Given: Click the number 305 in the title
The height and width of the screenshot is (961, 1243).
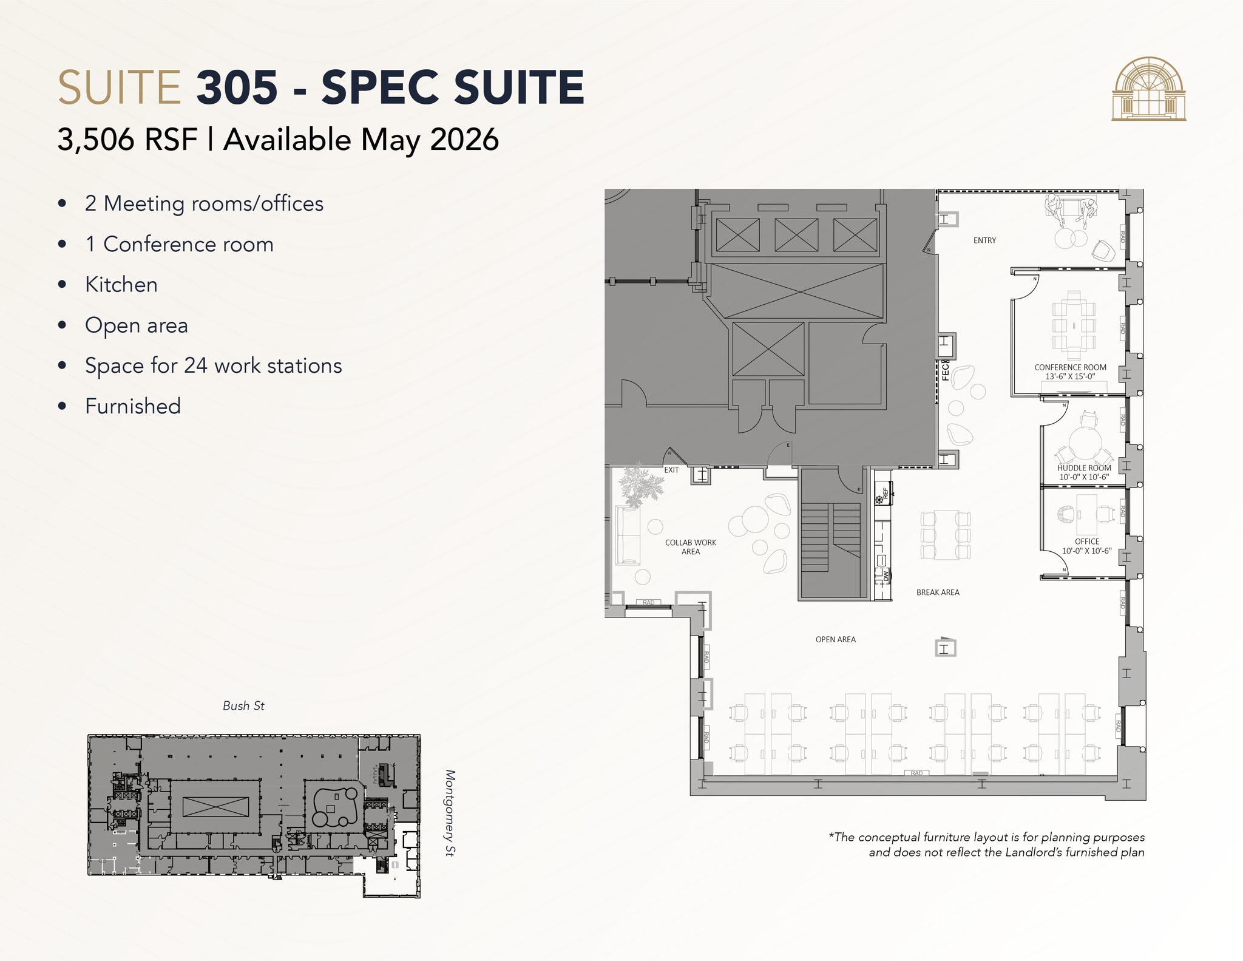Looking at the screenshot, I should click(x=237, y=87).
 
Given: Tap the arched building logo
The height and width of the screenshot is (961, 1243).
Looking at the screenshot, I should click(x=1148, y=89).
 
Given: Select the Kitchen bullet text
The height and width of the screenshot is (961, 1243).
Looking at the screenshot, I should click(x=121, y=285).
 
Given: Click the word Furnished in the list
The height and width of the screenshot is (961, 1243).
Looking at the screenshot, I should click(x=133, y=406).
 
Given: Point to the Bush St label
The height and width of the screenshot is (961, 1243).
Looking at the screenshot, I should click(x=243, y=705).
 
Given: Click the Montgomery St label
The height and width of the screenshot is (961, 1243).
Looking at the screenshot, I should click(x=450, y=813).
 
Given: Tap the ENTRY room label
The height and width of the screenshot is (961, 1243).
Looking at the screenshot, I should click(x=984, y=240).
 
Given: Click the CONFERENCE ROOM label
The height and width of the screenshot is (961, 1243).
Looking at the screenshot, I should click(x=1070, y=368).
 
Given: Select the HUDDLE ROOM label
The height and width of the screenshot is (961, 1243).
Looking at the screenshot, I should click(x=1084, y=468).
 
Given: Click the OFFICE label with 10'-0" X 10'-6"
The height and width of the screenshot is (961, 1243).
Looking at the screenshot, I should click(x=1086, y=546).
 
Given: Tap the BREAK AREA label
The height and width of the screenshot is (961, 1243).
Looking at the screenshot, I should click(x=938, y=593).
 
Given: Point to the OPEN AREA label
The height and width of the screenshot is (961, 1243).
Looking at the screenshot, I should click(x=835, y=639).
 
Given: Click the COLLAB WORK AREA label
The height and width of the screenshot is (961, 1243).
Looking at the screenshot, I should click(x=691, y=547).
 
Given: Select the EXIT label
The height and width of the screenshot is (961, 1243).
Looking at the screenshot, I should click(x=671, y=470).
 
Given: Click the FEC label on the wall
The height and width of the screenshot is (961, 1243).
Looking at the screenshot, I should click(x=945, y=370).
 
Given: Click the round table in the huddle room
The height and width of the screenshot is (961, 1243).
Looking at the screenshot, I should click(x=1085, y=443).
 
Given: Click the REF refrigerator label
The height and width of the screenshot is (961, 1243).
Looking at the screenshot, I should click(x=886, y=492).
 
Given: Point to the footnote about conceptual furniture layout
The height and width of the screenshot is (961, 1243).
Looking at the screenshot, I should click(x=986, y=844).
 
